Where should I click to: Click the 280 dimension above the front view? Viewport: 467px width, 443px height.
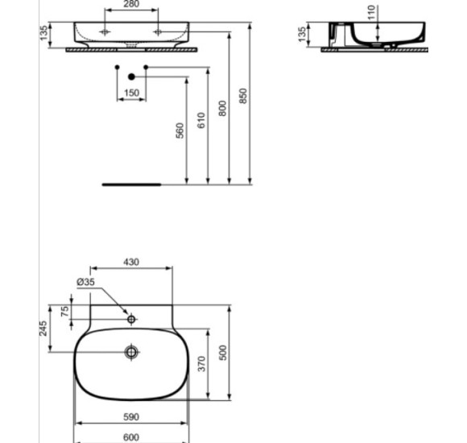tap(131, 5)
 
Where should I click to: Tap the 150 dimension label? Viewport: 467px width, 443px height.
tap(131, 93)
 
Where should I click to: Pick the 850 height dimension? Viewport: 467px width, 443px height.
tap(243, 95)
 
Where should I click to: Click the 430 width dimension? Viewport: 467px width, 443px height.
tap(130, 262)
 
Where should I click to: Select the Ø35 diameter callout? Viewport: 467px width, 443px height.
tap(85, 282)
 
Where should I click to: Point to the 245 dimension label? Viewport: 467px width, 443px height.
tap(44, 328)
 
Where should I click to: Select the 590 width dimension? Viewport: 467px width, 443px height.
tap(131, 417)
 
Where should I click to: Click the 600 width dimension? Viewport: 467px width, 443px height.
tap(131, 437)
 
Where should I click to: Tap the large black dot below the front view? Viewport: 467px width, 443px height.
tap(131, 77)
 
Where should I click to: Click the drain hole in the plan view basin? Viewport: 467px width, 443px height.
tap(132, 352)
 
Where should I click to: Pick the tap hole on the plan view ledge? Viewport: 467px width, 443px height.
tap(132, 320)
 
